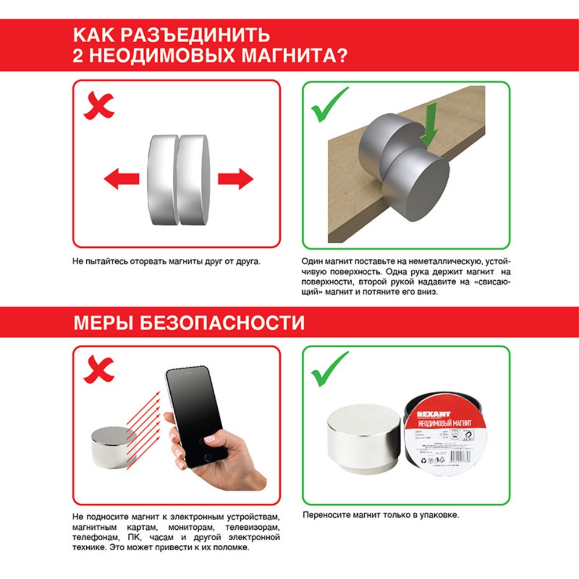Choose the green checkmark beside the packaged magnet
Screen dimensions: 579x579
coord(329,369)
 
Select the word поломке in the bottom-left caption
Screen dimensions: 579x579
coord(230,547)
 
